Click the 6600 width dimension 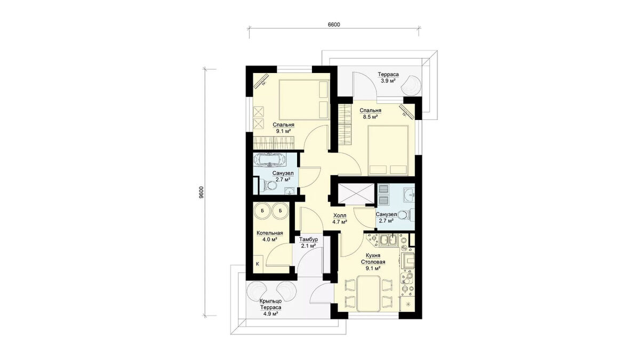pos(334,25)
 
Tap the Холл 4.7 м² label pos(340,218)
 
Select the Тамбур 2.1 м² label pos(308,242)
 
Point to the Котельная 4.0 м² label pos(270,236)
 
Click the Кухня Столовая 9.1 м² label pos(373,262)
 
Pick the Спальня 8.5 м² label pos(370,114)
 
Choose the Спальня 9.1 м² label pos(283,128)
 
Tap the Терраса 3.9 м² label pos(388,77)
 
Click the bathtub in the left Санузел pos(269,159)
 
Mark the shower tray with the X pos(356,193)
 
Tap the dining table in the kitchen pos(369,293)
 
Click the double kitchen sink pos(389,240)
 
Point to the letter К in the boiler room pos(257,263)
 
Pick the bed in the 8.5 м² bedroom pos(388,150)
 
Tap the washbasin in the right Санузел pos(409,195)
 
